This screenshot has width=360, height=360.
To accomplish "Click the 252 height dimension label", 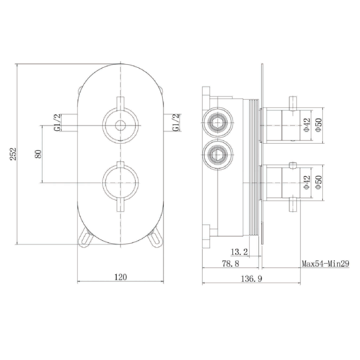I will [x=13, y=154].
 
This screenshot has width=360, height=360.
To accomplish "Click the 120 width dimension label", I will [x=120, y=276].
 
